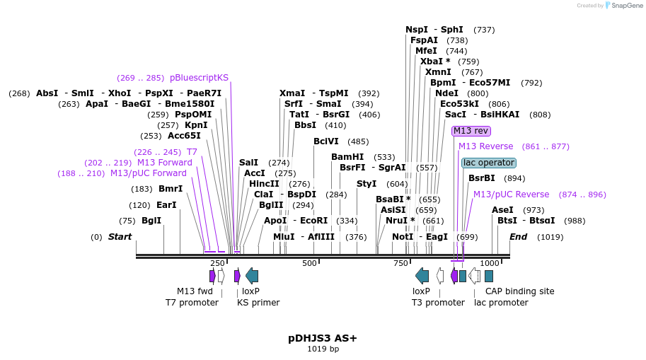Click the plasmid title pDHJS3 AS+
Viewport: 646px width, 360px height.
(323, 338)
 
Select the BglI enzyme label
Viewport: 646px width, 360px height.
(151, 221)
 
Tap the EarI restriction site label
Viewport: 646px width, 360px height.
(166, 205)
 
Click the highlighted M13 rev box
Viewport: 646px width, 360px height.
(471, 131)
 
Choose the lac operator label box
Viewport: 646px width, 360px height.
(488, 163)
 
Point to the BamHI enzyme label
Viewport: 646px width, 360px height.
(347, 157)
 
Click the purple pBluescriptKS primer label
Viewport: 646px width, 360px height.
(199, 78)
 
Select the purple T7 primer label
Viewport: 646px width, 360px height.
(192, 152)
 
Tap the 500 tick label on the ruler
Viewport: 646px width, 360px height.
(309, 263)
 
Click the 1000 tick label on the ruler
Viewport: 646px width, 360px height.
(490, 263)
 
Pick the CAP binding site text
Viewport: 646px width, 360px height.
(519, 291)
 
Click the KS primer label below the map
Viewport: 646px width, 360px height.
(258, 302)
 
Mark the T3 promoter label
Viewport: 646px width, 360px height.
(438, 302)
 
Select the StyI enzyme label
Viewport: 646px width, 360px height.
(367, 184)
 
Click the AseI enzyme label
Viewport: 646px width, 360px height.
(502, 210)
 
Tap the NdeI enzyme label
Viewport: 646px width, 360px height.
(446, 93)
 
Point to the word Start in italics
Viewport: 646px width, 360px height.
(120, 237)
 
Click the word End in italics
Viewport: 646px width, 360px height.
(518, 237)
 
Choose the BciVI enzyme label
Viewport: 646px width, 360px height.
(326, 141)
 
